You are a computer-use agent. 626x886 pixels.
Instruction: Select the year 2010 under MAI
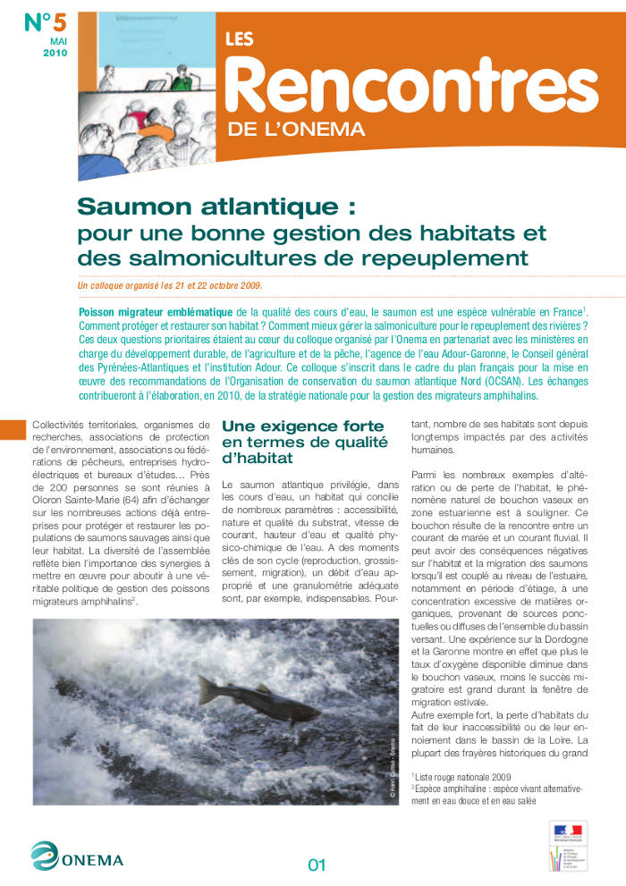coord(55,54)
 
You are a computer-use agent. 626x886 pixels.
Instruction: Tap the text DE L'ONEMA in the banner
coord(296,130)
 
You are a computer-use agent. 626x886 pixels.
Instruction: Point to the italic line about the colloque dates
coord(170,286)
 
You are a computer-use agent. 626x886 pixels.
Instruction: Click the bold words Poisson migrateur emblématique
coord(156,312)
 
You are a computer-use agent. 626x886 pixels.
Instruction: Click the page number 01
coord(317,865)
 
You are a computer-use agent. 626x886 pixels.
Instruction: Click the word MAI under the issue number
coord(58,41)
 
